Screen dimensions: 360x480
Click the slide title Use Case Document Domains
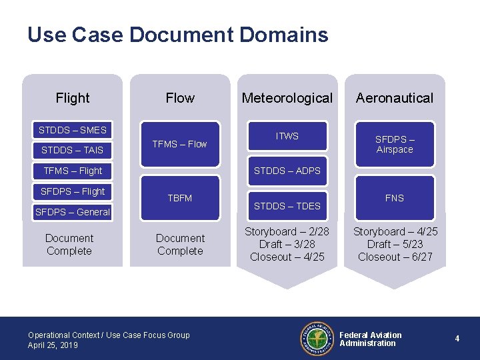coord(177,35)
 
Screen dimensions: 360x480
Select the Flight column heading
coord(73,98)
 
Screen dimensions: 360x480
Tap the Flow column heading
coord(180,98)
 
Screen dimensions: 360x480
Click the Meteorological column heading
coord(287,98)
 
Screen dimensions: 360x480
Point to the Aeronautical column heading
coord(395,98)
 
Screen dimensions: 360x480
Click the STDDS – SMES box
coord(73,130)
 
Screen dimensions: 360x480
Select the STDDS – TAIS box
coord(73,150)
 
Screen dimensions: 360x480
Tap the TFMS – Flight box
coord(73,171)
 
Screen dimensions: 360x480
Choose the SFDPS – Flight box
coord(73,191)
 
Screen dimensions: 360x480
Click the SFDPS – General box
coord(73,212)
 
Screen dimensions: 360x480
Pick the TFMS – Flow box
coord(180,144)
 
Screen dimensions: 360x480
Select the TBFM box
coord(180,198)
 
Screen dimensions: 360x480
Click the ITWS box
coord(287,136)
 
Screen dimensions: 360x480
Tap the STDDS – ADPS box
coord(287,171)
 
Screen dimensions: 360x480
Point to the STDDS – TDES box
coord(287,206)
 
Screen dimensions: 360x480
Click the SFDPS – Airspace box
coord(395,144)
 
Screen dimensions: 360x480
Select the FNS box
coord(395,198)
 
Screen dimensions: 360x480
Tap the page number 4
coord(457,339)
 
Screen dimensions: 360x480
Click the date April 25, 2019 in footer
coord(53,345)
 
